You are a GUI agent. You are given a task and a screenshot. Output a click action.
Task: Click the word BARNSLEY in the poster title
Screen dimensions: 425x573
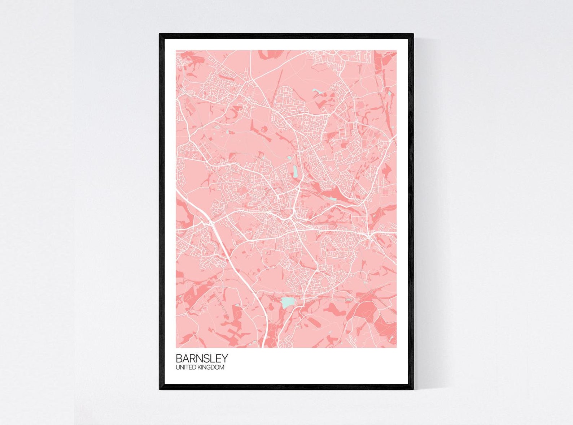[x=202, y=358]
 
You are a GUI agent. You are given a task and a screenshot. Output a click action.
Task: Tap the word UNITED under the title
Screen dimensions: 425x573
[x=184, y=368]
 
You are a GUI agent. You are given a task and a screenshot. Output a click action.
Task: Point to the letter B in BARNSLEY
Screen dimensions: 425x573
[x=179, y=358]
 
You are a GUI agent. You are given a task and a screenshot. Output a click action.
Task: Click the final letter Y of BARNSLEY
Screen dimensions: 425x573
[x=224, y=358]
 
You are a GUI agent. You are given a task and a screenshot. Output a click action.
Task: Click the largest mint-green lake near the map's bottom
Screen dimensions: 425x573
[x=287, y=302]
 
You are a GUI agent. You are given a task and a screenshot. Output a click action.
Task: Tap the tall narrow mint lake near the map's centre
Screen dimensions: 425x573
[x=295, y=171]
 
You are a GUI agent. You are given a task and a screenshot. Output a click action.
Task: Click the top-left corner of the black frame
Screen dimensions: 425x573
[x=160, y=34]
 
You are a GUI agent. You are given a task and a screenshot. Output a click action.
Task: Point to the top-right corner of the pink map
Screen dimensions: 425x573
[x=396, y=51]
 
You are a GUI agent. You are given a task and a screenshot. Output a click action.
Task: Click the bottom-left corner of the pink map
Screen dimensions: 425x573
[x=176, y=347]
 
